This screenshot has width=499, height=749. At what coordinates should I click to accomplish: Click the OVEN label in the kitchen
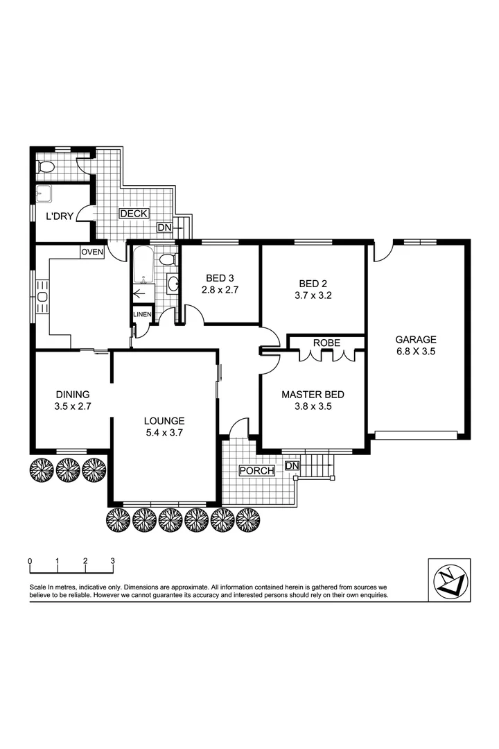(92, 252)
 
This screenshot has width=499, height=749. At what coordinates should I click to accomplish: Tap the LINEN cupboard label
(141, 314)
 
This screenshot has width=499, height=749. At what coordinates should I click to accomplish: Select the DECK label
(133, 214)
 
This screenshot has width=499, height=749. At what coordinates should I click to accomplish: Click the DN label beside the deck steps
(164, 227)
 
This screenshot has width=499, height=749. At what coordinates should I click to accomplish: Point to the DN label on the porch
(292, 465)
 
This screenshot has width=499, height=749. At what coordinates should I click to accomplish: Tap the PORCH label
(256, 471)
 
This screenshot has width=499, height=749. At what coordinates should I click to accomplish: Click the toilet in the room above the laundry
(47, 167)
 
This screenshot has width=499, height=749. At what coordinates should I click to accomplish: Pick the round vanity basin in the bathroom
(173, 283)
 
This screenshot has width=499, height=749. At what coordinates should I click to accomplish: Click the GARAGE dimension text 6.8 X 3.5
(416, 352)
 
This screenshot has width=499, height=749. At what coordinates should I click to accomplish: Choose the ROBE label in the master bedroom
(326, 343)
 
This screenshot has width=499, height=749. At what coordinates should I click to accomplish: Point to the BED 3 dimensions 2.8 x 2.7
(220, 291)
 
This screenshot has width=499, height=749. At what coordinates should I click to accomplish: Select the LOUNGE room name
(164, 420)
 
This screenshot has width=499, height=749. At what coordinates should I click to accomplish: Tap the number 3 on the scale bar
(112, 560)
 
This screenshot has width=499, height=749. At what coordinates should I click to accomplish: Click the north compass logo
(449, 580)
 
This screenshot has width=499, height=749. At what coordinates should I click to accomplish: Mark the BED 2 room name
(313, 283)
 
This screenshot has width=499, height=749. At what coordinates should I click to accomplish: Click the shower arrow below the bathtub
(142, 294)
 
